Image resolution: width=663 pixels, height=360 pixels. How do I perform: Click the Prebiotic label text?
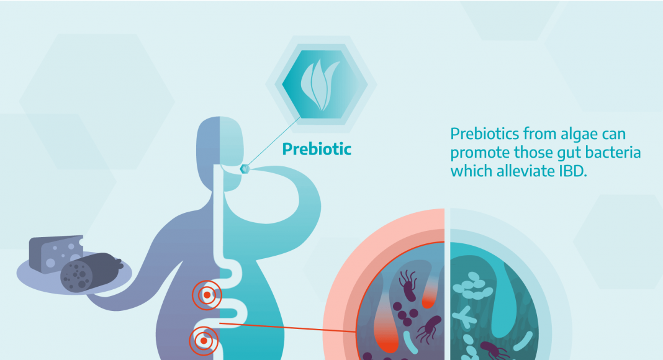[317, 149]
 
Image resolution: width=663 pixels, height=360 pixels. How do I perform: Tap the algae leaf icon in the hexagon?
[320, 84]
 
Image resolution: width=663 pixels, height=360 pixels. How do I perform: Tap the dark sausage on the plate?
[91, 272]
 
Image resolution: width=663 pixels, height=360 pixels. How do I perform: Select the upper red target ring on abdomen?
[207, 295]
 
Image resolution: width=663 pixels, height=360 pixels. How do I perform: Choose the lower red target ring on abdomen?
[204, 341]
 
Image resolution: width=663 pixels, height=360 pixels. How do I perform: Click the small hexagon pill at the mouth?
[245, 169]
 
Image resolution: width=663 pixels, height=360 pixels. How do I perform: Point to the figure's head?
[220, 152]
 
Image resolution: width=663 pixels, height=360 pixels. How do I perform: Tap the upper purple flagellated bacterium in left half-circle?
[408, 286]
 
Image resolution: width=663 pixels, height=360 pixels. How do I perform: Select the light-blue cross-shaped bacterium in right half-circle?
[464, 317]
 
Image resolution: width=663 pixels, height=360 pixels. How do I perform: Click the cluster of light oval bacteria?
[472, 286]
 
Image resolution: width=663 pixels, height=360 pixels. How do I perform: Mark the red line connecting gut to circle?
[287, 328]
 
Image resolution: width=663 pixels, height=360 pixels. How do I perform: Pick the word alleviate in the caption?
[526, 171]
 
